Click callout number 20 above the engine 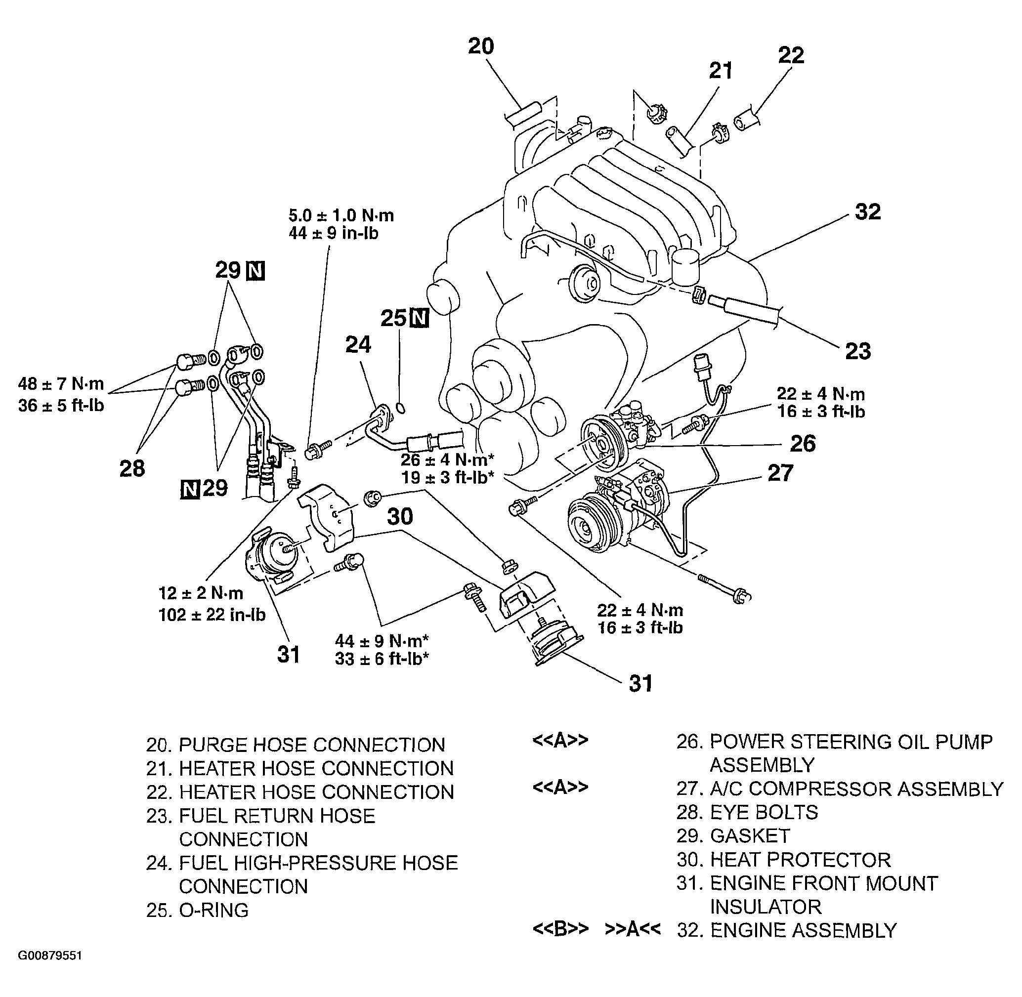tap(481, 46)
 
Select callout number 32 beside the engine tap(868, 211)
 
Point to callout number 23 tap(858, 351)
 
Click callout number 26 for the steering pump tap(803, 444)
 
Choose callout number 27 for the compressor tap(780, 473)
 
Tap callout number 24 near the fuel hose tap(358, 344)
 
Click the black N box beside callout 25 tap(419, 318)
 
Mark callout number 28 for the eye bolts tap(132, 469)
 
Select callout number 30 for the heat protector tap(400, 516)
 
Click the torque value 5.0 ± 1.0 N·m tap(341, 215)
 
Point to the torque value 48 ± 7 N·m tap(61, 384)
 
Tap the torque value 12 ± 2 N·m tap(201, 593)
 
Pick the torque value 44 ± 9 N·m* tap(383, 640)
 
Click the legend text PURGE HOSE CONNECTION tap(312, 745)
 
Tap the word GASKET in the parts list tap(750, 836)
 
